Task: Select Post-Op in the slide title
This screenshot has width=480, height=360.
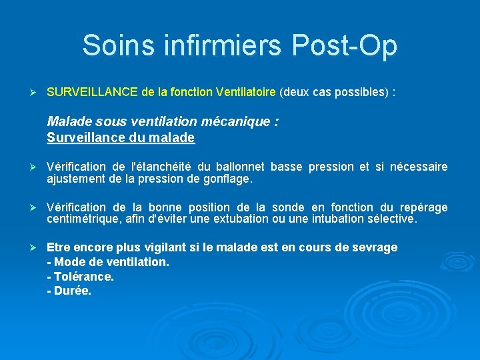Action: [345, 45]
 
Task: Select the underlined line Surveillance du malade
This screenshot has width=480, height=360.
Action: [121, 138]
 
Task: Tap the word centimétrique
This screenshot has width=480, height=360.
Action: [79, 219]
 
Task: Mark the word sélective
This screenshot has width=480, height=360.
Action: [392, 219]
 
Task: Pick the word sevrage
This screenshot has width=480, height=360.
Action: [374, 248]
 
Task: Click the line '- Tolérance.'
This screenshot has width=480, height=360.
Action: [81, 277]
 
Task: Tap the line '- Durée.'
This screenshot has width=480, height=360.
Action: [69, 291]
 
